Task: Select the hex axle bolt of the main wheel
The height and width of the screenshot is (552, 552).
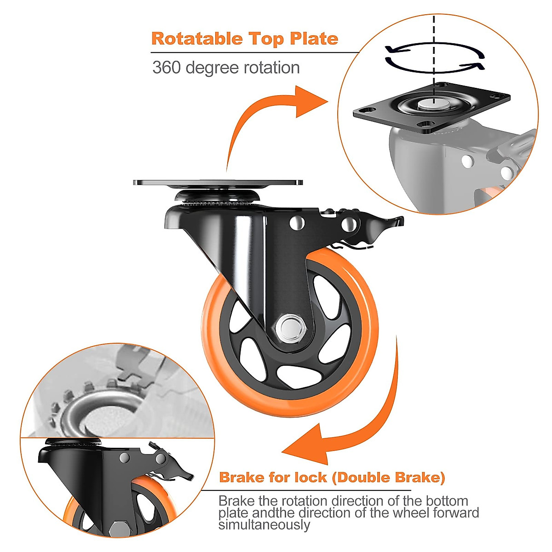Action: (x=289, y=328)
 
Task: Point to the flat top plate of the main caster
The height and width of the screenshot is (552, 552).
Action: (x=218, y=182)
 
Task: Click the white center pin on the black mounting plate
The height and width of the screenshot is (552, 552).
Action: (x=432, y=104)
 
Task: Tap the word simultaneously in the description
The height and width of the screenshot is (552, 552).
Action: (x=264, y=525)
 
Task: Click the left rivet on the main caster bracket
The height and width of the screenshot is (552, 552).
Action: (x=297, y=223)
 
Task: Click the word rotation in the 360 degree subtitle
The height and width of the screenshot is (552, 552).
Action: (x=271, y=68)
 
